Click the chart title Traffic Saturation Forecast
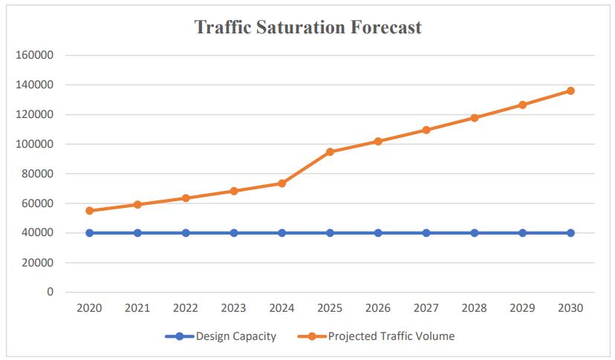(x=307, y=27)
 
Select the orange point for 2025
(x=330, y=152)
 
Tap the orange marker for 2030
(x=570, y=91)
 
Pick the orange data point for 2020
(x=90, y=211)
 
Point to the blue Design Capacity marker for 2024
(x=282, y=233)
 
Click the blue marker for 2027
(x=426, y=233)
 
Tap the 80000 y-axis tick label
(x=36, y=174)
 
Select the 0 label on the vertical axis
(x=50, y=292)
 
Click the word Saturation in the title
(x=304, y=27)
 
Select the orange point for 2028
(x=475, y=118)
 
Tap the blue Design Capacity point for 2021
(x=137, y=233)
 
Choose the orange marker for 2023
(x=234, y=191)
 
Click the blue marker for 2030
(x=570, y=233)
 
